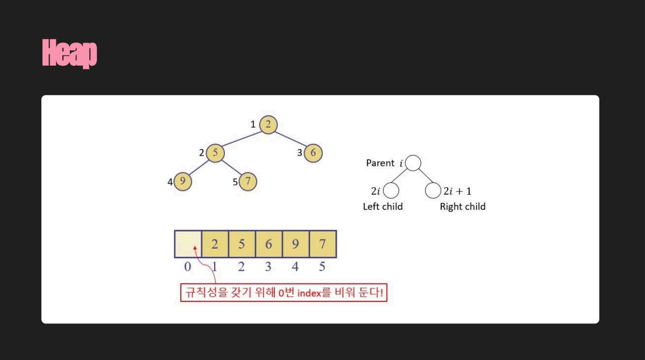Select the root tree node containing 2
pos(268,124)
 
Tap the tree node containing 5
pos(215,153)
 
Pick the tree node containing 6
pos(313,153)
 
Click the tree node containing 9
pos(183,181)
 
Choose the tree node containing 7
pos(247,181)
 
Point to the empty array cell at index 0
pos(188,244)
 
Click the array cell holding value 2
pos(215,244)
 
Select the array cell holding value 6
pos(268,244)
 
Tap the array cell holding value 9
pos(295,244)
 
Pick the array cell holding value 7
pos(323,244)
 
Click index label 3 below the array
pos(268,266)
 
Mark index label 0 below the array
pos(188,266)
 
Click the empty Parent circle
pos(413,163)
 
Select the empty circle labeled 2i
pos(391,191)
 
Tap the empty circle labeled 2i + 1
pos(433,191)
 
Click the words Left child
pos(382,207)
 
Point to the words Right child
pos(463,207)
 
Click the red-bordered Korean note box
pos(283,293)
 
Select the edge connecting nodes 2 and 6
pos(290,138)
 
